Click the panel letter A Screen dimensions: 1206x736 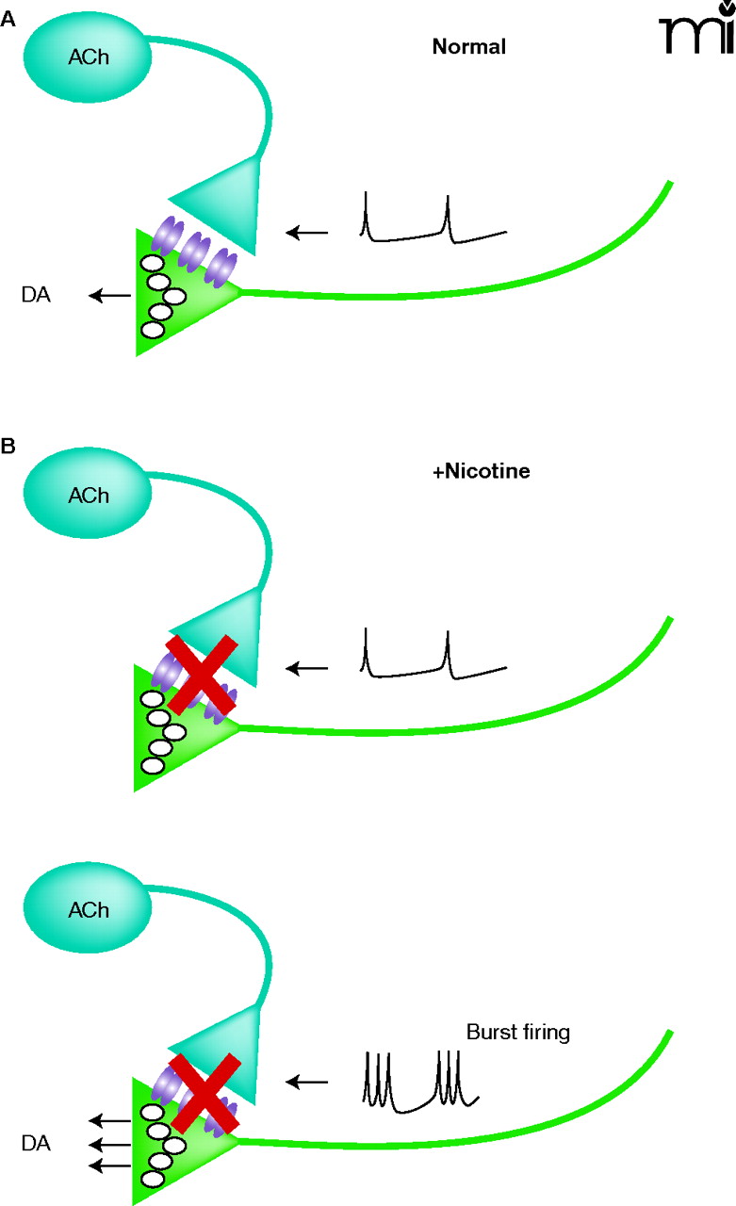8,16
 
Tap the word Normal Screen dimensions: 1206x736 469,46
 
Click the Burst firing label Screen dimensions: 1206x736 518,1033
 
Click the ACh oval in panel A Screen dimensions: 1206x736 87,56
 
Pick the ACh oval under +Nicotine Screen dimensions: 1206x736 88,495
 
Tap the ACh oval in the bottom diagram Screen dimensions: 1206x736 88,910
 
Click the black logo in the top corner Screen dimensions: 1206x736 696,32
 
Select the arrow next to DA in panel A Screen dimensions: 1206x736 109,296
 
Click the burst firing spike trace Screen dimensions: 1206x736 421,1079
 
